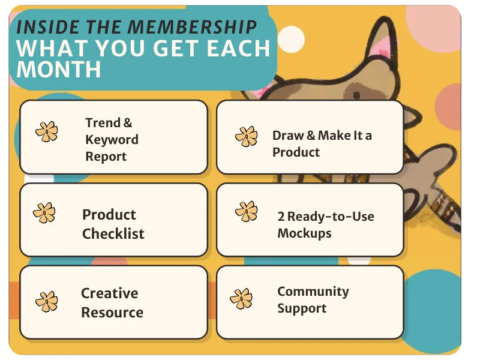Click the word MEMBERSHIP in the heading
(192, 27)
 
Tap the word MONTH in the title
(59, 69)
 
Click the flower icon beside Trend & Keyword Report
(47, 131)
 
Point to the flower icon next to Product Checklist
(44, 213)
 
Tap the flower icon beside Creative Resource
(47, 302)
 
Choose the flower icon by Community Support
(241, 299)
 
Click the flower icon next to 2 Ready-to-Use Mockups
(247, 211)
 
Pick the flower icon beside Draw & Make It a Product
(247, 136)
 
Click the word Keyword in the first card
(112, 140)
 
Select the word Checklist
(113, 233)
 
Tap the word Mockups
(304, 233)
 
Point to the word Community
(313, 292)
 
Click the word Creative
(110, 293)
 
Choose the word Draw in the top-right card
(288, 136)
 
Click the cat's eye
(356, 95)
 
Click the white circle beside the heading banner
(291, 40)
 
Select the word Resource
(112, 313)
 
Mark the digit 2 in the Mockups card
(281, 217)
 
